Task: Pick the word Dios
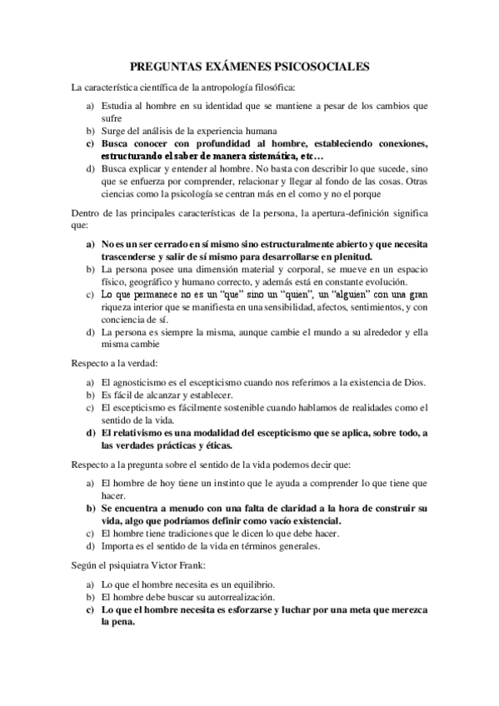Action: (x=412, y=382)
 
